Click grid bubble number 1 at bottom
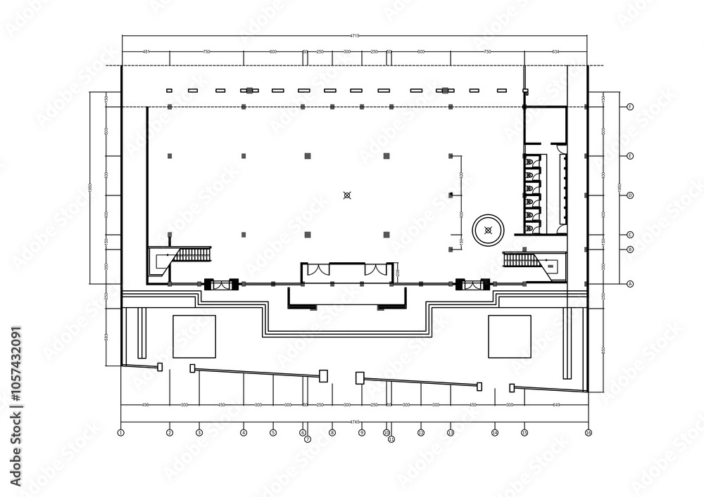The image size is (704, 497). click(x=121, y=433)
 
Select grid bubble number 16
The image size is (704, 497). click(x=589, y=433)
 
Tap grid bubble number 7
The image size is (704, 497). click(x=308, y=439)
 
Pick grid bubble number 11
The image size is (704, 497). click(x=391, y=439)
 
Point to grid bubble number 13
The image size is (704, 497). click(x=451, y=433)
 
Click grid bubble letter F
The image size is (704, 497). click(x=631, y=106)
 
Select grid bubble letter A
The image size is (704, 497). click(x=631, y=283)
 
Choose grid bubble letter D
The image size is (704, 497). click(x=631, y=195)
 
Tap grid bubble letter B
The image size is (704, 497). click(x=631, y=249)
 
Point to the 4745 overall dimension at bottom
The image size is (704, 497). click(x=355, y=422)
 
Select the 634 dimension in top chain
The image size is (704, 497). click(x=556, y=51)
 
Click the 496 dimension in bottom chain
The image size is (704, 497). click(x=145, y=405)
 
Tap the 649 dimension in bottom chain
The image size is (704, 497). click(x=556, y=405)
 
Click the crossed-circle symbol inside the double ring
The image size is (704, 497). click(x=489, y=230)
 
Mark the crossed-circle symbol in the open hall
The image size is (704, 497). click(x=346, y=195)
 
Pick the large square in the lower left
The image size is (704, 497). click(x=194, y=336)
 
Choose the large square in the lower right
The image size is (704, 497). click(x=510, y=336)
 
